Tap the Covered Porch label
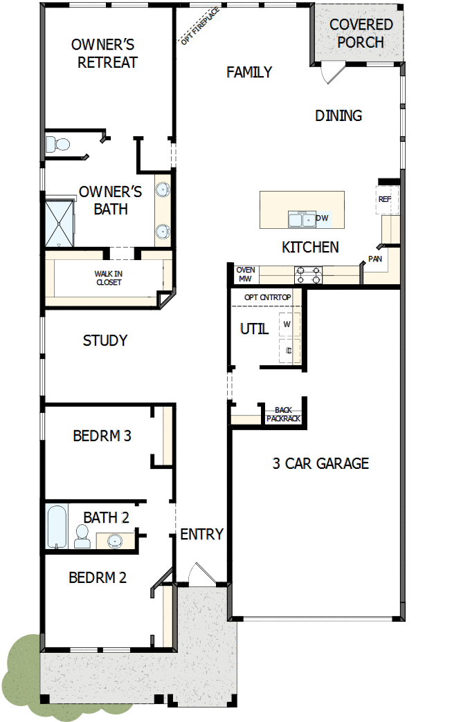361,33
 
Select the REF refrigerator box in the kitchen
385,199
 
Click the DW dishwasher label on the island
323,219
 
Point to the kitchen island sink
302,220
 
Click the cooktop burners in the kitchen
308,275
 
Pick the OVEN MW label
246,274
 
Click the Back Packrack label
282,414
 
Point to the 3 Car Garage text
320,463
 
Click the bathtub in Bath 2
57,527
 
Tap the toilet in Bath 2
82,536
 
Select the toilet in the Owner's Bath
59,145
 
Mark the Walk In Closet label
108,278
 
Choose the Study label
105,340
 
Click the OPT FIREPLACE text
201,26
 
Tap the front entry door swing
201,574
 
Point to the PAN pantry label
374,259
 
